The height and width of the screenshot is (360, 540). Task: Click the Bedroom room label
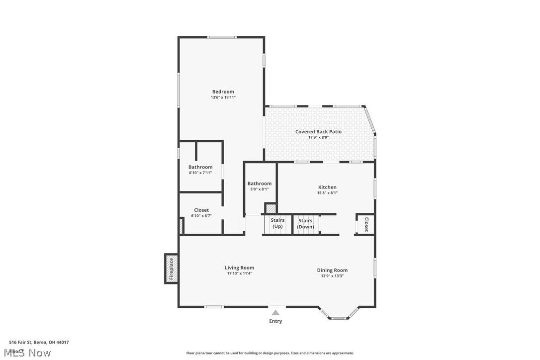pos(223,91)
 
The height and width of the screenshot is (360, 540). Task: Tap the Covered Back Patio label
pos(318,132)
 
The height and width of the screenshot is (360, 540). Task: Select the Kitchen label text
pos(327,187)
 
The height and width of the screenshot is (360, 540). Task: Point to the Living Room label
pos(239,268)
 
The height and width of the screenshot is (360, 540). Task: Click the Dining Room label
pos(332,270)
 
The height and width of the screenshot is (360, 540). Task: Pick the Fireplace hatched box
pos(171,269)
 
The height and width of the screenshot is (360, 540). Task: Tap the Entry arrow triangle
pos(275,312)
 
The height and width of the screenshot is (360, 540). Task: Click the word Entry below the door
pos(275,321)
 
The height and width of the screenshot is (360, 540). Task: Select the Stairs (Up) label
pos(277,223)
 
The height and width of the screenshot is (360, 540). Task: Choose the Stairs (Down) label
pos(305,224)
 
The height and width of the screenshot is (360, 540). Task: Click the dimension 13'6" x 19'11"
pos(223,97)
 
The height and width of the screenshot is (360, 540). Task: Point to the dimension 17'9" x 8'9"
pos(318,138)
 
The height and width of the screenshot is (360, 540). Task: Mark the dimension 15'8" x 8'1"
pos(327,193)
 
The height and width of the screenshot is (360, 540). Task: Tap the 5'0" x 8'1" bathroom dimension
pos(260,189)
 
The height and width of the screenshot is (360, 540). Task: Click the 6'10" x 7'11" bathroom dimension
pos(200,173)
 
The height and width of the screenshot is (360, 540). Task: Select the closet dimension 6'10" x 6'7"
pos(201,216)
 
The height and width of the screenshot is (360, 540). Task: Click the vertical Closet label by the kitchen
pos(366,224)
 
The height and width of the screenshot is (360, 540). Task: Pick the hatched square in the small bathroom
pos(270,209)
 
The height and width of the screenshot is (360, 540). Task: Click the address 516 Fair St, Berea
pos(39,342)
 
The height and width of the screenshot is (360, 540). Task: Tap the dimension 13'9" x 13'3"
pos(332,276)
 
